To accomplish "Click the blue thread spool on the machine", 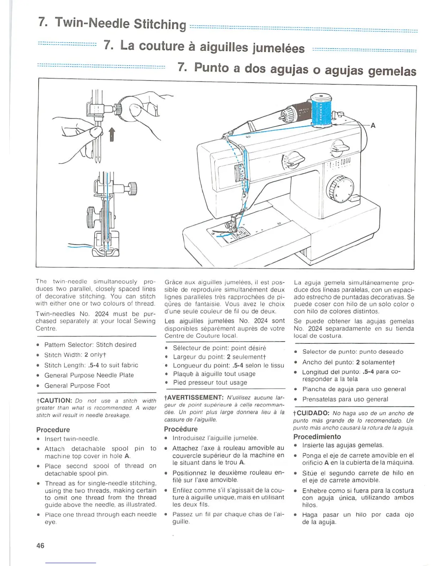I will tap(321, 111).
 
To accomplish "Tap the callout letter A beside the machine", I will tap(373, 125).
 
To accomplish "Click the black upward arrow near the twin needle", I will tap(112, 134).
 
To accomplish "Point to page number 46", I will tap(40, 546).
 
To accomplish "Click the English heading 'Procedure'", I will tap(53, 430).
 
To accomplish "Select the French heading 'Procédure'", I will tap(181, 429).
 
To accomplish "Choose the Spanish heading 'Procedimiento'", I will tap(317, 436).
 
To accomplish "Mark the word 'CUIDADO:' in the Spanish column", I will tap(313, 413).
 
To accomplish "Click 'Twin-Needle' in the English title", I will tap(92, 23).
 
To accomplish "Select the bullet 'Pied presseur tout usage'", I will tap(210, 382).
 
